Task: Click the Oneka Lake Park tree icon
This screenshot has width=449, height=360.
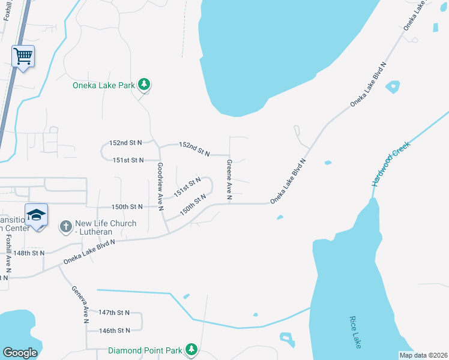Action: [144, 85]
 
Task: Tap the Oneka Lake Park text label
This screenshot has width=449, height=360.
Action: [104, 85]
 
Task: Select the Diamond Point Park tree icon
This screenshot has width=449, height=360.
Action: [191, 349]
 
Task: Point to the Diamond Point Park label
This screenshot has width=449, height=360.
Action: [146, 350]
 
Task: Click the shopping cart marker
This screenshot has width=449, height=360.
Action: [23, 57]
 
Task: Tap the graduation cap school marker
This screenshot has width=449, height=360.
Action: [37, 215]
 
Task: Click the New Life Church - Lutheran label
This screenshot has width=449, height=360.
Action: [105, 228]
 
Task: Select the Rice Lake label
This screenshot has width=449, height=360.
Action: [355, 332]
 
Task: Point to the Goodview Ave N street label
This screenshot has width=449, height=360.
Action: [160, 187]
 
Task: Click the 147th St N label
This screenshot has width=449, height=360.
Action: [114, 313]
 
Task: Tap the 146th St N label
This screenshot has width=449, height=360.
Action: [114, 331]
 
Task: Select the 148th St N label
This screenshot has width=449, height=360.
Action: [29, 253]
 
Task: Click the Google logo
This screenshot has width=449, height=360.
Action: [20, 352]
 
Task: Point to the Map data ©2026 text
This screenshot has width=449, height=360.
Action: [423, 355]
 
